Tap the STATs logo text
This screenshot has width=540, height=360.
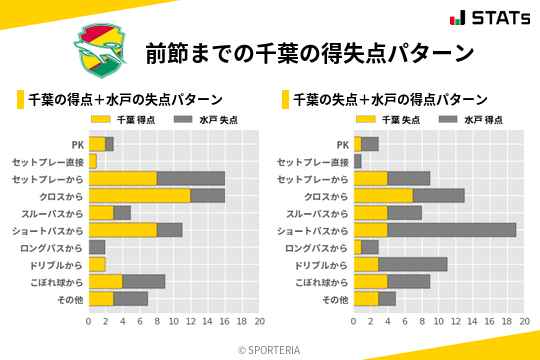point(489,18)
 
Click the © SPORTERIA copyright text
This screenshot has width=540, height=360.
point(270,350)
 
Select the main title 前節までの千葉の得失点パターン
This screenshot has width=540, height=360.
point(309,53)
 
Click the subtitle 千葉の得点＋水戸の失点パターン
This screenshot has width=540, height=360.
point(125,99)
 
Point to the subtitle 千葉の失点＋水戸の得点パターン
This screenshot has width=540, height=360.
point(390,99)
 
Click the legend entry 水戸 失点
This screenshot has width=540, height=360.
point(210,120)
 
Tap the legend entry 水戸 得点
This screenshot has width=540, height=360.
point(474,120)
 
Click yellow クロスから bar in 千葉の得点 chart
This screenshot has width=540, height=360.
point(140,195)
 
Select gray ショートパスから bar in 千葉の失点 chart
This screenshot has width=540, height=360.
point(452,230)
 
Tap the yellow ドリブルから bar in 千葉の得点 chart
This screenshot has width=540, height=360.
point(97,264)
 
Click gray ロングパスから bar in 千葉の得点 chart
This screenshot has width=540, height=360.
point(97,247)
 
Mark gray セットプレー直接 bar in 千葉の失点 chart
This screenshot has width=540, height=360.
point(357,161)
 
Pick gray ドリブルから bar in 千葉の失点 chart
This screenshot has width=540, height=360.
point(413,264)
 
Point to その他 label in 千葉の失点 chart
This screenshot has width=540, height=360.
point(334,299)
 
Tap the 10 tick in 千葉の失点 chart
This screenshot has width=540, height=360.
point(438,322)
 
